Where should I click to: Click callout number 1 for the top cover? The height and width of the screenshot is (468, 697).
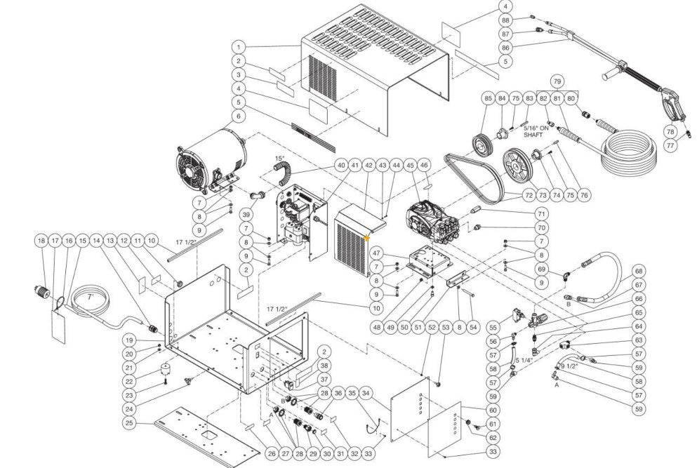point(239,48)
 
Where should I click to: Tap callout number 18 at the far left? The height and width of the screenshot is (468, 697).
point(41,241)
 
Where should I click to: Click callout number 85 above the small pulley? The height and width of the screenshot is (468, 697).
point(488,99)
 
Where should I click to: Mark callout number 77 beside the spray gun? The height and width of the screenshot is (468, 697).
point(670,145)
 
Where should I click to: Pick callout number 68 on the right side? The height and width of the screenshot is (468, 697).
point(639,271)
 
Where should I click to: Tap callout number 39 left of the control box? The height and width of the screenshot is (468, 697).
point(246,214)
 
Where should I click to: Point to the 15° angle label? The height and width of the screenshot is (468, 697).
point(279,159)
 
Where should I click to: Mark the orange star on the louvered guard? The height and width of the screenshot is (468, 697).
point(367,239)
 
